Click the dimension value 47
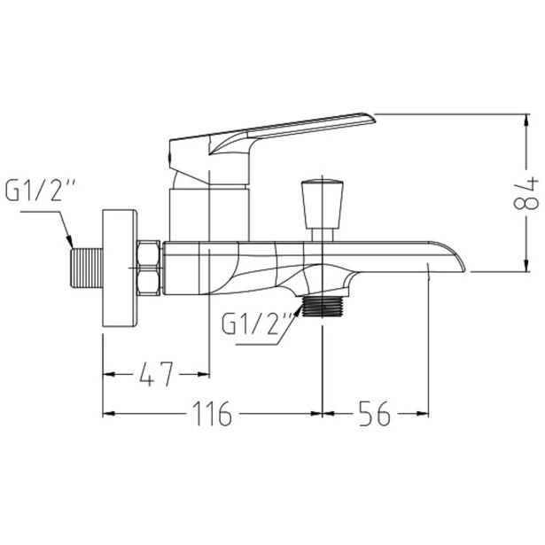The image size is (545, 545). (156, 374)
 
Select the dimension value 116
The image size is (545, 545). (213, 413)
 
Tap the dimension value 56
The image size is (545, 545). (375, 413)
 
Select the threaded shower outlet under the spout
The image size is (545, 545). (323, 307)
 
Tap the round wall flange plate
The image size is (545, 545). (120, 268)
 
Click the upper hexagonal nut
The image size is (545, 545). (149, 253)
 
